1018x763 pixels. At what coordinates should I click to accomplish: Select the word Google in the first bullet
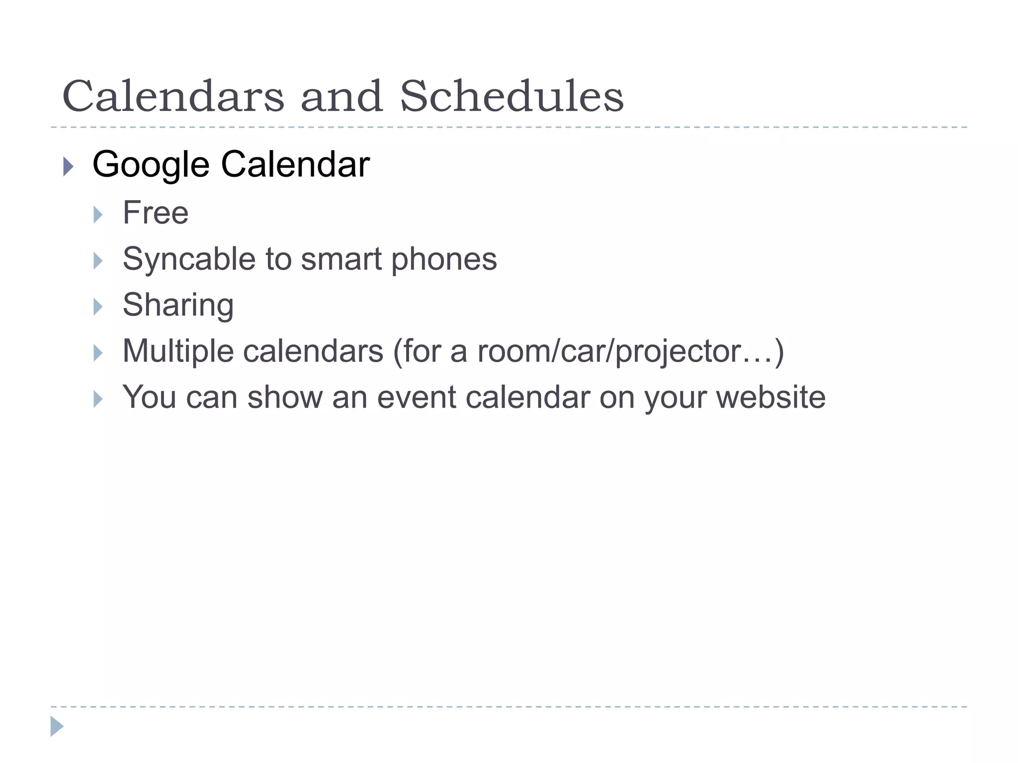[151, 165]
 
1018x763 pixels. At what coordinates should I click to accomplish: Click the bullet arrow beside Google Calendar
[69, 166]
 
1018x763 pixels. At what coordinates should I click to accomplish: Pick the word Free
[156, 213]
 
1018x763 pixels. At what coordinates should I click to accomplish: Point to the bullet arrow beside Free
[98, 215]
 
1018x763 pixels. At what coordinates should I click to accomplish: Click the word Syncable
[189, 259]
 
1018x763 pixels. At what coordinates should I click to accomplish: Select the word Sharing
[178, 305]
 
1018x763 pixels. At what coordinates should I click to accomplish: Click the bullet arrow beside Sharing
[98, 307]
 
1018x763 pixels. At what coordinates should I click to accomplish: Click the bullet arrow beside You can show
[98, 399]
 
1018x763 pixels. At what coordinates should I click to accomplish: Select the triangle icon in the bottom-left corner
[57, 726]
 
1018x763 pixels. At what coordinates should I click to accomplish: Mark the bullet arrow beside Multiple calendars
[98, 353]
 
